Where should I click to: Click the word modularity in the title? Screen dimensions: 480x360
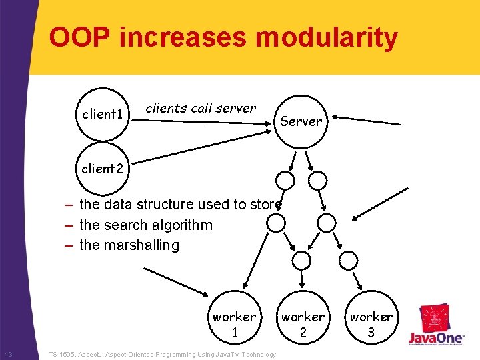pyautogui.click(x=327, y=38)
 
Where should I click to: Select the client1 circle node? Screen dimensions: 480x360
pyautogui.click(x=102, y=114)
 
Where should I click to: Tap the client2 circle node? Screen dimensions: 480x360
pyautogui.click(x=102, y=169)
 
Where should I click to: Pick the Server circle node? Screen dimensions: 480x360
pyautogui.click(x=301, y=121)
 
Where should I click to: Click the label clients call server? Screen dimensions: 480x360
pyautogui.click(x=201, y=108)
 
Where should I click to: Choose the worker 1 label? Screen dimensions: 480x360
pyautogui.click(x=234, y=324)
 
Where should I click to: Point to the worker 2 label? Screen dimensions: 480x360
pyautogui.click(x=303, y=324)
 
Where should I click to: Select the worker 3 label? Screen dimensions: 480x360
pyautogui.click(x=371, y=324)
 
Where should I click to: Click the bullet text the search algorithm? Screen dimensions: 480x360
pyautogui.click(x=145, y=225)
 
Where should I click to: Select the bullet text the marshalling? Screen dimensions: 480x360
pyautogui.click(x=129, y=245)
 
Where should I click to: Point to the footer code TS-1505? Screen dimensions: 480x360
pyautogui.click(x=65, y=355)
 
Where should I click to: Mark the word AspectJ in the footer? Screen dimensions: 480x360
pyautogui.click(x=95, y=355)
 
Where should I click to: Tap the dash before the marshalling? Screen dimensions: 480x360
pyautogui.click(x=69, y=245)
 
